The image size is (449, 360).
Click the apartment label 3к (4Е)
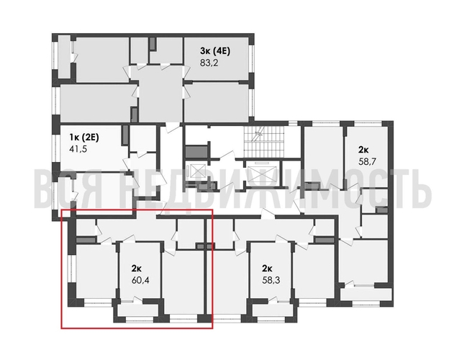[x=215, y=51]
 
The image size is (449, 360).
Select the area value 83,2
[x=209, y=63]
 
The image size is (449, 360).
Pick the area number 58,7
[x=368, y=163]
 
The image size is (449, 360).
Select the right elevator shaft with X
[x=257, y=176]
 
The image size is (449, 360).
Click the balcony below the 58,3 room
[x=271, y=312]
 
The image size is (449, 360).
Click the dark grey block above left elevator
[x=195, y=153]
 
